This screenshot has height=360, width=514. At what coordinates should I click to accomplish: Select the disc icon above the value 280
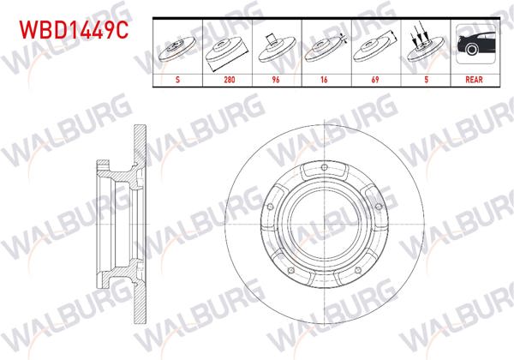pyautogui.click(x=227, y=46)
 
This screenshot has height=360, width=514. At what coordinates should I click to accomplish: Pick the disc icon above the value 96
pyautogui.click(x=276, y=46)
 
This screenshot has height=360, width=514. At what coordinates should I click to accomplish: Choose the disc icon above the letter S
pyautogui.click(x=176, y=46)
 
